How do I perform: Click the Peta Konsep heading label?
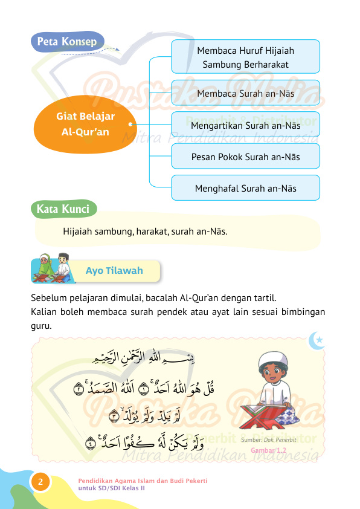coord(67,42)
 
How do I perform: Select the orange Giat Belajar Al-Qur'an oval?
coord(86,123)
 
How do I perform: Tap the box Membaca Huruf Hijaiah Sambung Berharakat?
coord(245,57)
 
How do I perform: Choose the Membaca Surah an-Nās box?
coord(245,93)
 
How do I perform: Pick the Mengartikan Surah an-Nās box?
coord(245,125)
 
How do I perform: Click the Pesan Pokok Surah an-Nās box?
coord(245,157)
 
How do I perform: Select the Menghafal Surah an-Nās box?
coord(245,188)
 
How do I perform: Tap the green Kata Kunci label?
coord(63,209)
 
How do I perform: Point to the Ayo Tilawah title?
coord(114,270)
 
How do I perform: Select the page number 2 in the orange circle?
coord(40,482)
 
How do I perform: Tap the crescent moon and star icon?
coord(317,340)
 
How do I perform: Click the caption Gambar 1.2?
coord(268,450)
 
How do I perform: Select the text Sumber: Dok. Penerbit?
coord(268,440)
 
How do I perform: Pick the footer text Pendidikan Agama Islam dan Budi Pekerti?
coord(143,480)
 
